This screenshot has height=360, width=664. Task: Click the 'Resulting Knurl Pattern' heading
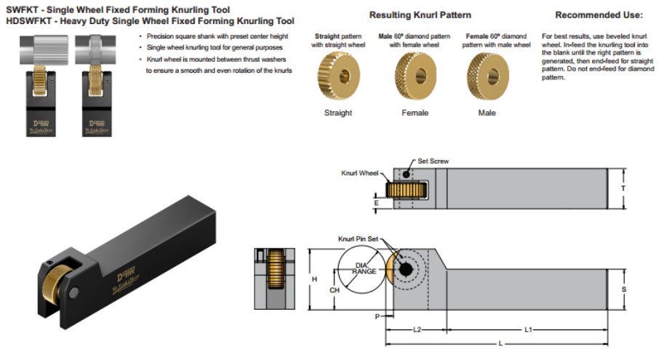click(x=420, y=15)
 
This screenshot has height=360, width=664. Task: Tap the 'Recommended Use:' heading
click(x=599, y=15)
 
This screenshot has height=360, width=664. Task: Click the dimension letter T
click(x=623, y=188)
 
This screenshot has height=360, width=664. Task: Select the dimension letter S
click(x=623, y=289)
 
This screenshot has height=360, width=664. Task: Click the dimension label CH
click(x=335, y=290)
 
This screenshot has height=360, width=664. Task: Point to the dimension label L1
click(x=528, y=329)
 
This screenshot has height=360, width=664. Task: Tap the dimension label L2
click(x=417, y=329)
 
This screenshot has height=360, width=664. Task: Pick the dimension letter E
click(x=375, y=203)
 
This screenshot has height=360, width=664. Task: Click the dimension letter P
click(x=377, y=316)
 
